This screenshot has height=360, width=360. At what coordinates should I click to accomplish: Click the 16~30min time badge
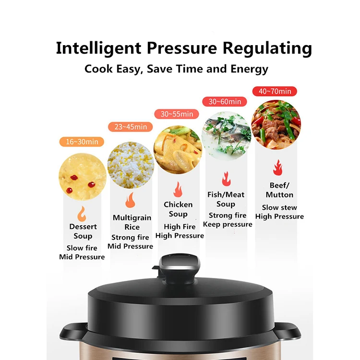coord(82,142)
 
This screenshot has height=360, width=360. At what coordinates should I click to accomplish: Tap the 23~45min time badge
coord(131,127)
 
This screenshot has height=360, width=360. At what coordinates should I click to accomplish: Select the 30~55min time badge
coord(177,114)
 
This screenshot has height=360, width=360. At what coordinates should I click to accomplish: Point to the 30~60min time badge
coord(224,101)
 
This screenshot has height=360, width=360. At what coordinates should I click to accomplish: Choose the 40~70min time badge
coord(275,91)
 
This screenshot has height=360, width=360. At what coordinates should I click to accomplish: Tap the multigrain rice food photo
coord(131,165)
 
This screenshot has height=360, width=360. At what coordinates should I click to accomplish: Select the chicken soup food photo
coord(178,149)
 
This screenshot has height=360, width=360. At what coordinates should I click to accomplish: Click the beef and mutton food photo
coord(276,124)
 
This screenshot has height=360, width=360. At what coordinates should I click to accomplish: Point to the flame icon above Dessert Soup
coord(82,213)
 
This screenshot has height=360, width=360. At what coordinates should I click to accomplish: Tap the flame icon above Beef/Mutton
coord(277,168)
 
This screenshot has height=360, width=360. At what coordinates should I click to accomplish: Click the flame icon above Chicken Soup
coord(178,189)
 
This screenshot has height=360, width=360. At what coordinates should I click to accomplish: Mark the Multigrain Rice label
coord(132,222)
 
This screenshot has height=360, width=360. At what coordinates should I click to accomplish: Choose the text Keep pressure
coord(228,224)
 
